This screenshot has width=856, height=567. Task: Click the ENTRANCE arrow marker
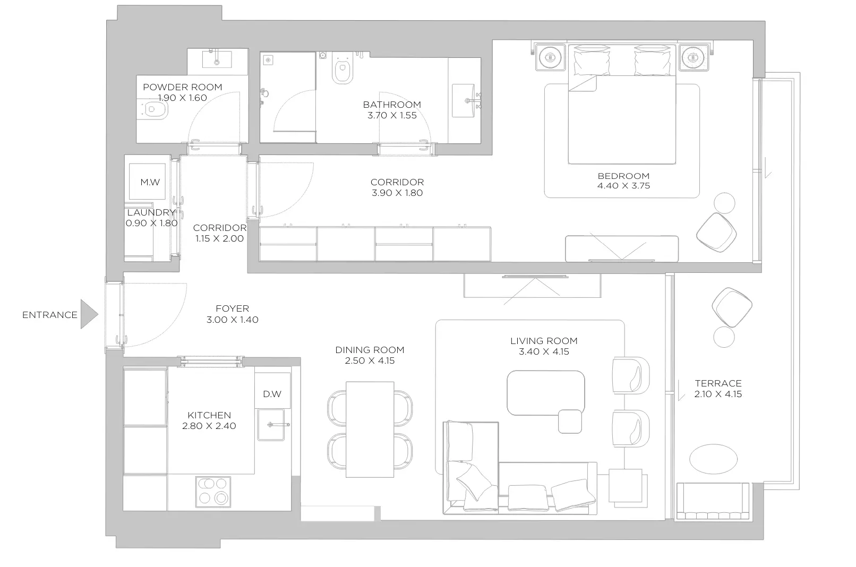pos(89,314)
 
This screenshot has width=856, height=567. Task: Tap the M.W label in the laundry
pos(150,182)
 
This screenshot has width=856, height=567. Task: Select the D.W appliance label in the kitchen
pos(272,394)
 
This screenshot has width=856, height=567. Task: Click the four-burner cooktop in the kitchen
pos(213,492)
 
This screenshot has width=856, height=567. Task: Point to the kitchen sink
pos(271,425)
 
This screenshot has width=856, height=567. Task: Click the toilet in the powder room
pos(153,109)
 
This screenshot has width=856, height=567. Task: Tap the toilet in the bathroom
pos(342,68)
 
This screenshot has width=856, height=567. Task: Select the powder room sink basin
pos(217,59)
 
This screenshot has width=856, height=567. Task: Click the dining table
pos(370,429)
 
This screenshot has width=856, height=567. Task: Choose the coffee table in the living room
pos(546,393)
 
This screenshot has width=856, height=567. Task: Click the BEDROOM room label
pos(623,176)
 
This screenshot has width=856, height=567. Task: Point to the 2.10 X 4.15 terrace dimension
pos(718,394)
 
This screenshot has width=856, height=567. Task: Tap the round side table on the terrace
pos(724,337)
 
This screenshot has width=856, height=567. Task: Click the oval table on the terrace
pos(714,459)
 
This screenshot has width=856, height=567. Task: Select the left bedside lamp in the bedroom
pos(550,57)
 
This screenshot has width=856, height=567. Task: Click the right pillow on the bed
pos(652,60)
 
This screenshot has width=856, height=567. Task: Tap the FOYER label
pos(233,308)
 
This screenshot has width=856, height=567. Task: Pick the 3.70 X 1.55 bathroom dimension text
pos(392,115)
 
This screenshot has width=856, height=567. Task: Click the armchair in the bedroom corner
pos(716,233)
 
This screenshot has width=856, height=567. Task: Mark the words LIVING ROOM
pos(544,341)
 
